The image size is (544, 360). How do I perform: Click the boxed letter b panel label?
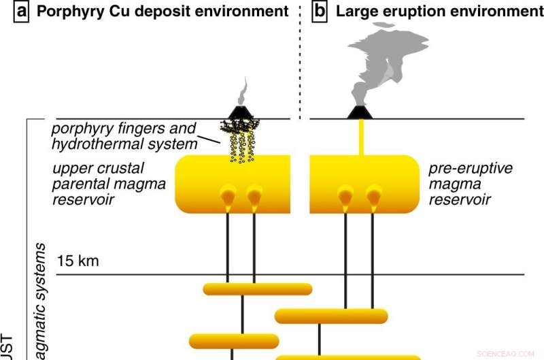(x=320, y=11)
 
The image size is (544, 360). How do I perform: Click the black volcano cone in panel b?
(x=358, y=112)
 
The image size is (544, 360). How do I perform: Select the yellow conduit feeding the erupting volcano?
(x=360, y=137)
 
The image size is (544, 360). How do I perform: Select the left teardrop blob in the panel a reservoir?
(x=228, y=196)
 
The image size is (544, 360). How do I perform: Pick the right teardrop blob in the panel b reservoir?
(x=373, y=196)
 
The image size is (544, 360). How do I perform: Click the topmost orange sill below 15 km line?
(x=257, y=289)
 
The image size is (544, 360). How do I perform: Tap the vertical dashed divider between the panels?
(x=300, y=61)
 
